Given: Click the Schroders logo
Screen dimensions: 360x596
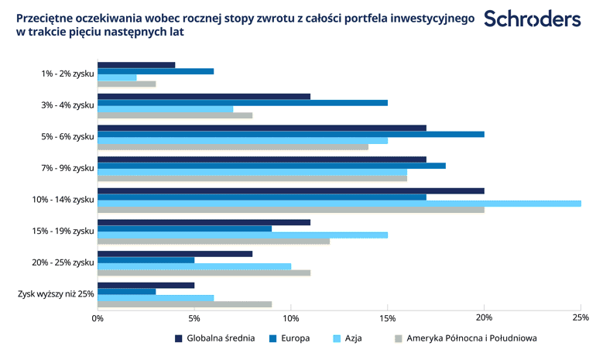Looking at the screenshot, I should coord(533,19).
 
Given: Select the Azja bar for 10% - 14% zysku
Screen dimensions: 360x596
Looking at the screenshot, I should coord(338,204).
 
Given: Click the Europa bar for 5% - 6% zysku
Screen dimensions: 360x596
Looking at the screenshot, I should coord(290,134).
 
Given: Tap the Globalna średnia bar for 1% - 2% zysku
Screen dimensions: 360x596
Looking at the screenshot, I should coord(136,65).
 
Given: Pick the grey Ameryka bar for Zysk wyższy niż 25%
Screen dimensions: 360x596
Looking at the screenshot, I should coord(184,303).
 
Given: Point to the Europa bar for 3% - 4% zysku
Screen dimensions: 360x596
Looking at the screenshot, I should coord(242,103).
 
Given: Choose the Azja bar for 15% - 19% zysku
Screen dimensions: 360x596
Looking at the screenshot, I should coord(242,235).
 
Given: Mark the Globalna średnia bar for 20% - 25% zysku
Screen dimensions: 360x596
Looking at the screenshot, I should coord(175,253).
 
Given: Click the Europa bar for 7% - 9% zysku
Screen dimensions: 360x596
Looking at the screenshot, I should coord(271,166).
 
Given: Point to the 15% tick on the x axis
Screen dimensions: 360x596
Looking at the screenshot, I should coord(387,317).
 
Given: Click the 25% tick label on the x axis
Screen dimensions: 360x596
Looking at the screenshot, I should coord(581,317).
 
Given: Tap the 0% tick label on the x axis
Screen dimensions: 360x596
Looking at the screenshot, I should coord(98,317).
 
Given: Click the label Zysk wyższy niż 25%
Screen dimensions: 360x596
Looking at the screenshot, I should coord(56,294).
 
